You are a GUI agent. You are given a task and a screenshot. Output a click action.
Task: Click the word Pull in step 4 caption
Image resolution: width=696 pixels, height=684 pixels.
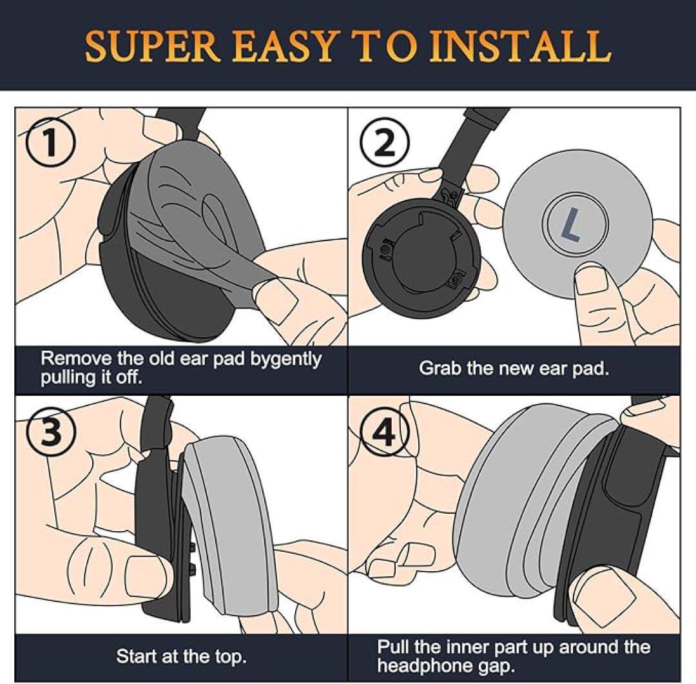coord(393,647)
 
